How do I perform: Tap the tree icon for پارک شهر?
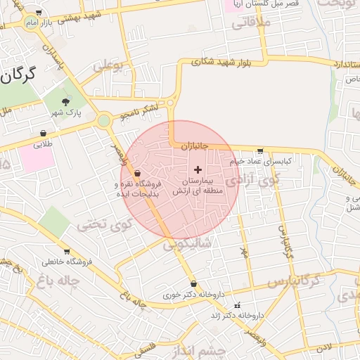[65, 102]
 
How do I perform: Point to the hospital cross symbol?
[198, 169]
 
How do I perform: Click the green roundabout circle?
[104, 121]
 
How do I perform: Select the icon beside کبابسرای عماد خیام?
[260, 150]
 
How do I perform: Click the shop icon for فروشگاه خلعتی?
[67, 252]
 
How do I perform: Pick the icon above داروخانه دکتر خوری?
[193, 284]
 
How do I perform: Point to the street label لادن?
[323, 347]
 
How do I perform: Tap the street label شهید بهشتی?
[84, 15]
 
